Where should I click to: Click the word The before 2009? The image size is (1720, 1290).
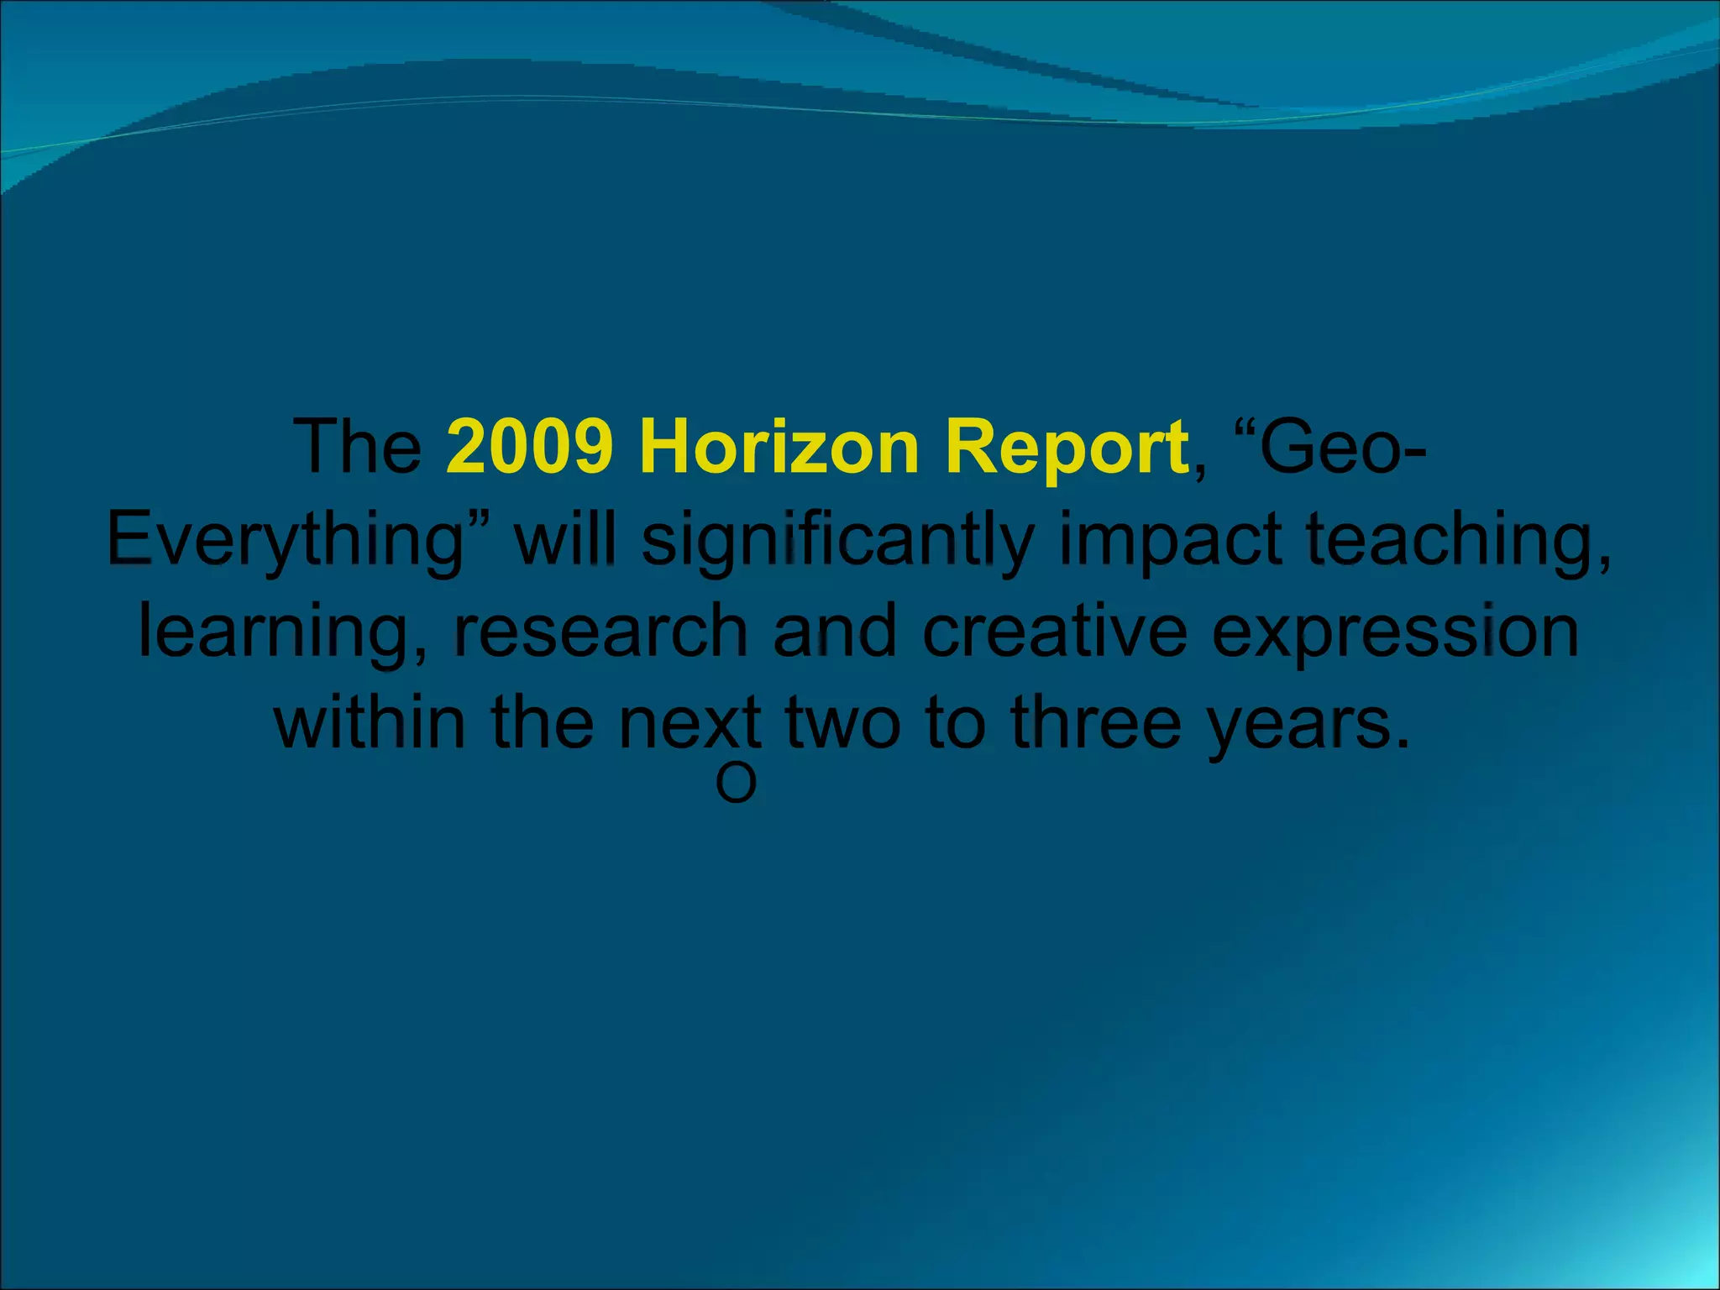(x=358, y=448)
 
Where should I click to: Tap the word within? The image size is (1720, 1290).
(x=370, y=723)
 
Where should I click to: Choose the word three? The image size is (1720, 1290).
(x=1096, y=723)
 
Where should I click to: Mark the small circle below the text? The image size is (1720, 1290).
(x=736, y=784)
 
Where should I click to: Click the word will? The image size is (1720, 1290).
(x=565, y=540)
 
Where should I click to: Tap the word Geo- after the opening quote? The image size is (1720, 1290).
(x=1343, y=448)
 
